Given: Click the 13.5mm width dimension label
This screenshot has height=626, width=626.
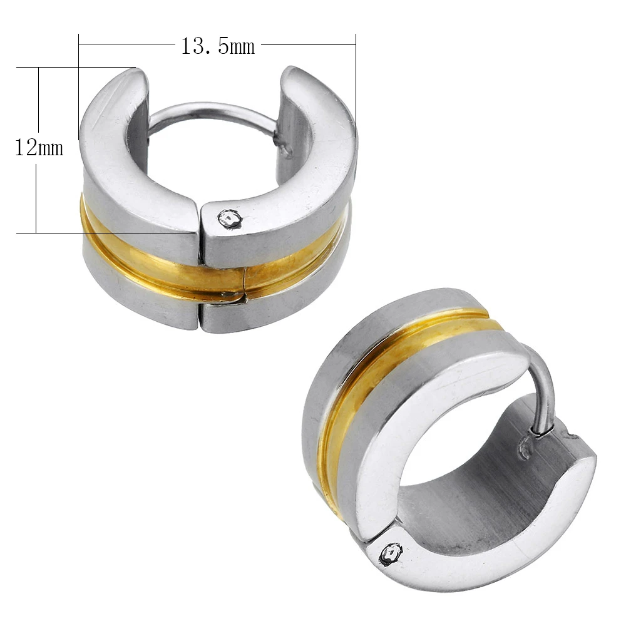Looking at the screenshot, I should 218,46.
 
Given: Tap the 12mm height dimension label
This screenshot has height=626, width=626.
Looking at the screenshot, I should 39,148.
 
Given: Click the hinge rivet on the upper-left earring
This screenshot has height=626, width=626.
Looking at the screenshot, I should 229,218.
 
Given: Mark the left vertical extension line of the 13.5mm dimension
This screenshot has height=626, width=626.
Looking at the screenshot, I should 79,88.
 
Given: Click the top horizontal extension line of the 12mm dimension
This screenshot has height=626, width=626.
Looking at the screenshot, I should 75,67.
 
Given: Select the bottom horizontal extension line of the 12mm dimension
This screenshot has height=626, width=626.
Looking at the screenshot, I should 94,233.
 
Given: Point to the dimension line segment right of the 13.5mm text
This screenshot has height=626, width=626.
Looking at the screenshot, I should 307,44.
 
